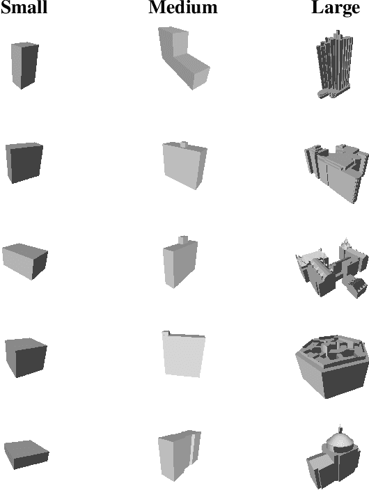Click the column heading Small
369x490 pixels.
tap(24, 7)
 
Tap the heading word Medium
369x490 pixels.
tap(183, 7)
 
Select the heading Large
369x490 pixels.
tap(336, 8)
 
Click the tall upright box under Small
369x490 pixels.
tap(24, 65)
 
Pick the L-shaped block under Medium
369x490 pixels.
tap(183, 58)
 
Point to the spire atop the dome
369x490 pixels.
tap(340, 429)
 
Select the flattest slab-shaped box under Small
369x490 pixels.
tap(26, 455)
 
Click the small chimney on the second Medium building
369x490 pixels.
tap(184, 144)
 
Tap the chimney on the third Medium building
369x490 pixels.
tap(183, 240)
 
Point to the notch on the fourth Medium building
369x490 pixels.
tap(166, 333)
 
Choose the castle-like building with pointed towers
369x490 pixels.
tap(331, 268)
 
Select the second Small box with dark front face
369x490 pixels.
tap(24, 162)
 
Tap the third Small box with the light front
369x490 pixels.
tap(25, 261)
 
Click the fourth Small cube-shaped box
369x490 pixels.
tap(26, 357)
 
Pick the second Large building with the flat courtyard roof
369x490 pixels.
tap(336, 173)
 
